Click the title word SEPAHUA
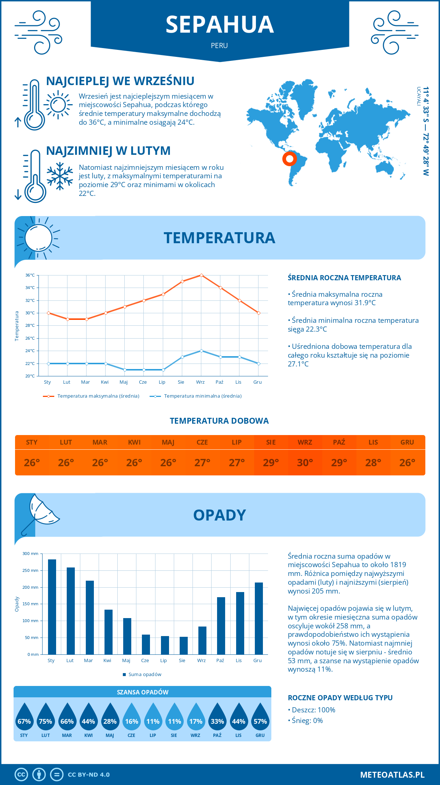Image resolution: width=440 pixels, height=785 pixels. [x=220, y=25]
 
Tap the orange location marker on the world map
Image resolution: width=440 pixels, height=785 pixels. [x=289, y=159]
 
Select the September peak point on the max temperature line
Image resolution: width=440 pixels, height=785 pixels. [x=201, y=275]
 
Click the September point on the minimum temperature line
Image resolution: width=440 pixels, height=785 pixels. [x=201, y=351]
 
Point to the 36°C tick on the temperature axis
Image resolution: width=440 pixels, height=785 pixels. [x=30, y=275]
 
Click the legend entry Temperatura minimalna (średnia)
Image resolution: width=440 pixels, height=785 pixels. [x=202, y=396]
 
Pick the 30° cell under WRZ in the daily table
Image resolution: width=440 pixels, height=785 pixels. [x=305, y=463]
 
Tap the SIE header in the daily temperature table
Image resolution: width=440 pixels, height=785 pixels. [x=271, y=442]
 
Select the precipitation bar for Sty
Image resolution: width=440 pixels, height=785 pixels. [x=52, y=607]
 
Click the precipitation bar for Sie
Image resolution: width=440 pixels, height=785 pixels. [x=183, y=646]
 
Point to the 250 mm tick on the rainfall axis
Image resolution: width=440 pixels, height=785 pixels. [x=30, y=570]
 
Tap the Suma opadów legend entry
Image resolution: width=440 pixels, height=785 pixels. [x=144, y=674]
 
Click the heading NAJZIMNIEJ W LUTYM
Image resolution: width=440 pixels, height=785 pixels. [x=108, y=151]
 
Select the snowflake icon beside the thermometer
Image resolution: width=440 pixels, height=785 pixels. [x=60, y=176]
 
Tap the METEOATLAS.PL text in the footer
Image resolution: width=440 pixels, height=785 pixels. [x=392, y=774]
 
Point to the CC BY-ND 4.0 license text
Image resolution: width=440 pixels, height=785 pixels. [x=89, y=774]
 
